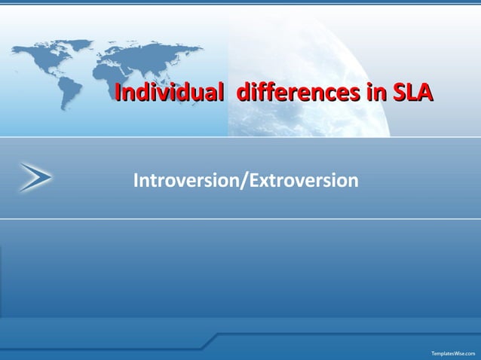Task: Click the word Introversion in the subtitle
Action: tap(185, 181)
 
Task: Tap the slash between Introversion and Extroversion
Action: tap(243, 181)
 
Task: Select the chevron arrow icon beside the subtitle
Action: tap(36, 177)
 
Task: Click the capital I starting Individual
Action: tap(116, 94)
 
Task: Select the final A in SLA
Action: tap(426, 94)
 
